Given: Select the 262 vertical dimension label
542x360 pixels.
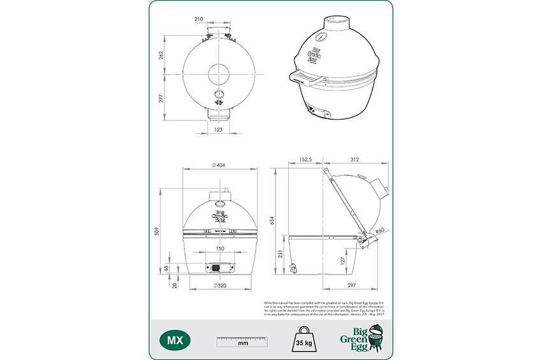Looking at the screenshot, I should (161, 56).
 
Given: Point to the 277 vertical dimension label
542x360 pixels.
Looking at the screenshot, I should (161, 99).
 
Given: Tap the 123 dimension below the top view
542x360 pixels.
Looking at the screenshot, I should (218, 130).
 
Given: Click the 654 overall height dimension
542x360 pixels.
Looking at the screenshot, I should (272, 220).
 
